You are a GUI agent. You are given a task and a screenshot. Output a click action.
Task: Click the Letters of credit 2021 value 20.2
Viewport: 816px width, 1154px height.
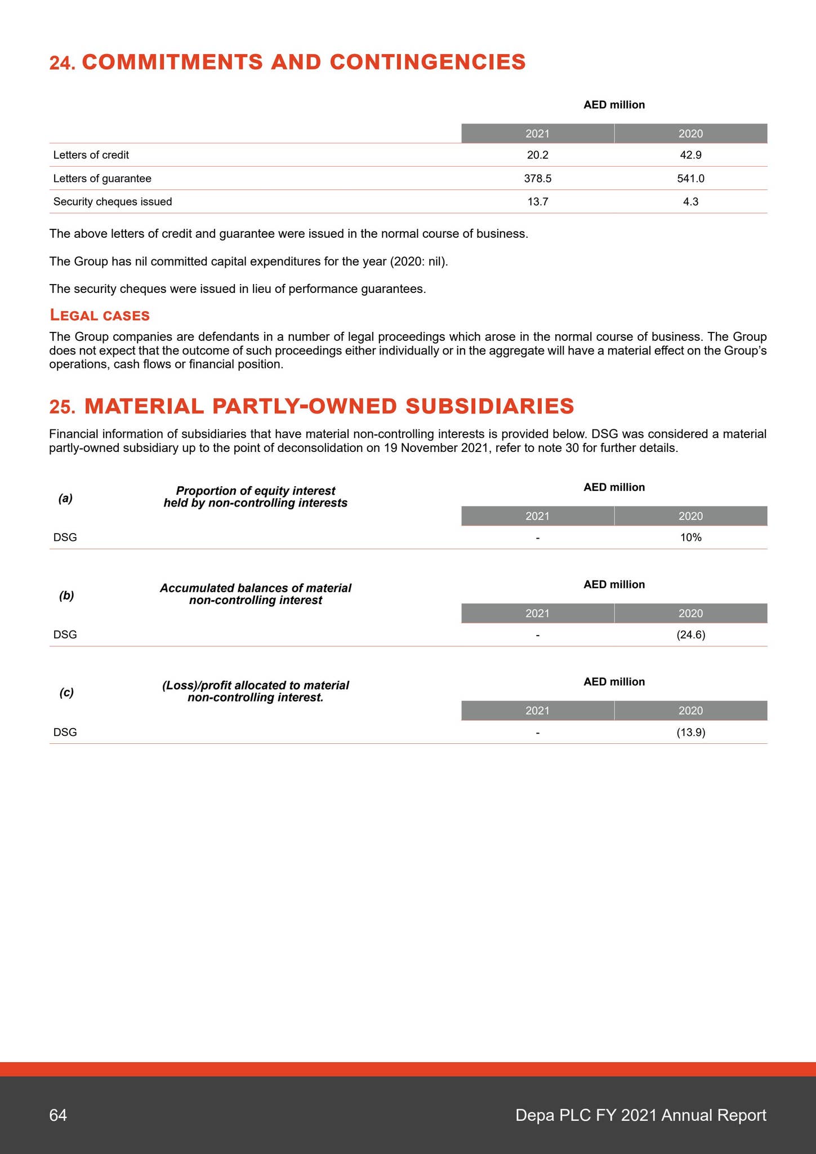(537, 155)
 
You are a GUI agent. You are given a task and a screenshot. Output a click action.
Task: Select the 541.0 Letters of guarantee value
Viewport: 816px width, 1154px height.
(690, 179)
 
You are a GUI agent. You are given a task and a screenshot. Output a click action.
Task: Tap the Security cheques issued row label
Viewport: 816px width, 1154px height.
(113, 202)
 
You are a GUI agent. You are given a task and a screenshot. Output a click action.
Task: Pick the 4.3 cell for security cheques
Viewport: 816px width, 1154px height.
(690, 202)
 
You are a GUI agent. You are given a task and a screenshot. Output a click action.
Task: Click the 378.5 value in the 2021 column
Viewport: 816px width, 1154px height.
(537, 179)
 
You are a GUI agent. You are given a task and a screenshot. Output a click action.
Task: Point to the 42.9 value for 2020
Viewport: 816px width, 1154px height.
(690, 155)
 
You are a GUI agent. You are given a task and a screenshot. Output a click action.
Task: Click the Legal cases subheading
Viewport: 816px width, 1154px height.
(100, 315)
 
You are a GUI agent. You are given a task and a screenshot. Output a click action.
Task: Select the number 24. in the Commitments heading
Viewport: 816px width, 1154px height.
(63, 63)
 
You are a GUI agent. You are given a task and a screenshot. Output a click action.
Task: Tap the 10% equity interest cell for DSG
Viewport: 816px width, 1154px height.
(690, 538)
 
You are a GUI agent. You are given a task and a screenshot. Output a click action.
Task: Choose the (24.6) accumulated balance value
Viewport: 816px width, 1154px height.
(690, 635)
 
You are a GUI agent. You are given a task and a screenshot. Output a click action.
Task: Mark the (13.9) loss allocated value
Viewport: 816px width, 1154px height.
(690, 733)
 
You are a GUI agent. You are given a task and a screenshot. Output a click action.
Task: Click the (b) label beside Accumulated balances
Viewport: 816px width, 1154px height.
(66, 596)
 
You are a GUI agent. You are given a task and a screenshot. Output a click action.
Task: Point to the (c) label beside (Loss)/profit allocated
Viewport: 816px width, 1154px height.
(66, 693)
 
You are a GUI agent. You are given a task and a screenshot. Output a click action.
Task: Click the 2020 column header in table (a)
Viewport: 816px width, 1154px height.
(690, 516)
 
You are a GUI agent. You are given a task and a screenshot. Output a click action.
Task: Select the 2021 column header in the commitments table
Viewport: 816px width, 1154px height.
(537, 134)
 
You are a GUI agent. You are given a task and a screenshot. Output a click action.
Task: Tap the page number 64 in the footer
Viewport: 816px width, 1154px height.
(58, 1115)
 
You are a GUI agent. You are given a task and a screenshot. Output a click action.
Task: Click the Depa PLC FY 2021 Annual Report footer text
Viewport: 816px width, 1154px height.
(640, 1115)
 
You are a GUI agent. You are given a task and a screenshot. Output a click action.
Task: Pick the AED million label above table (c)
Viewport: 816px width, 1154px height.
(614, 682)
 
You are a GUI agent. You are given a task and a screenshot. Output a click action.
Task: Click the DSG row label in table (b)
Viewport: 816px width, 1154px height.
(65, 635)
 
